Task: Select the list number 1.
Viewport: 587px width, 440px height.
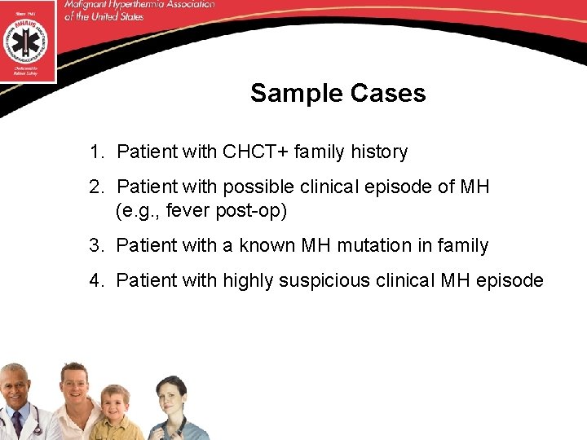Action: click(95, 152)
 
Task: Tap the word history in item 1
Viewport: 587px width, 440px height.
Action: click(379, 152)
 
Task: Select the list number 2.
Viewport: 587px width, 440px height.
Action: click(95, 187)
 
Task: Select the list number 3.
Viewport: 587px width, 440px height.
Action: click(95, 245)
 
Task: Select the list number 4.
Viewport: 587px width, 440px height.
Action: click(95, 280)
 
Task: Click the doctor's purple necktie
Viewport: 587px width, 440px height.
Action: click(16, 425)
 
